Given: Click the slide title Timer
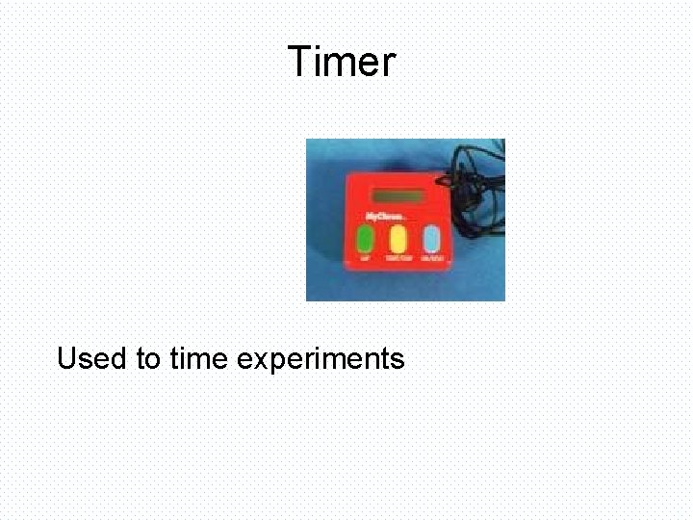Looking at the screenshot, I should tap(342, 63).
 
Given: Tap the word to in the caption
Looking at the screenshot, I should tap(148, 360).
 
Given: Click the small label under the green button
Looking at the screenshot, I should tap(365, 259).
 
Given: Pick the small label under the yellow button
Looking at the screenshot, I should tap(398, 259).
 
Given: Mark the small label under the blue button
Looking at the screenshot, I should tap(432, 259).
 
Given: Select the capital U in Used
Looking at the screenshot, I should tap(67, 359).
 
